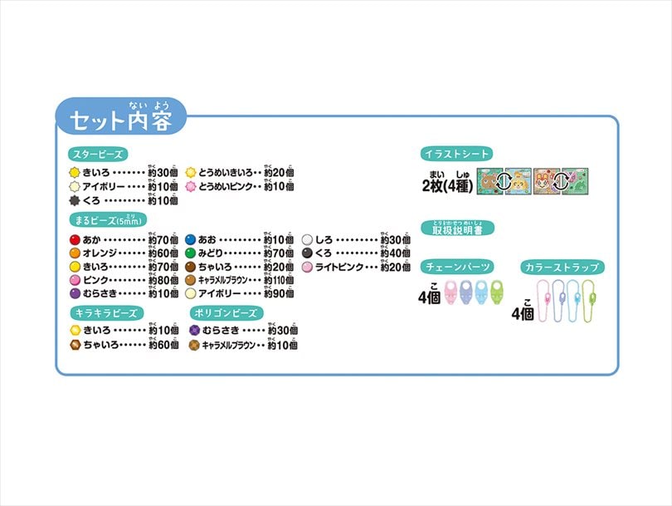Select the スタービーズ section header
point(98,154)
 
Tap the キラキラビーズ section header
point(105,312)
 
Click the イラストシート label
point(457,153)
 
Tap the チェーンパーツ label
point(458,267)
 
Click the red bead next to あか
point(74,240)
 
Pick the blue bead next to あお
point(190,240)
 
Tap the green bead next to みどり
point(190,253)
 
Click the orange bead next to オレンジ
point(74,253)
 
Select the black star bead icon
point(74,201)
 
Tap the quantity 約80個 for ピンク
point(163,280)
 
